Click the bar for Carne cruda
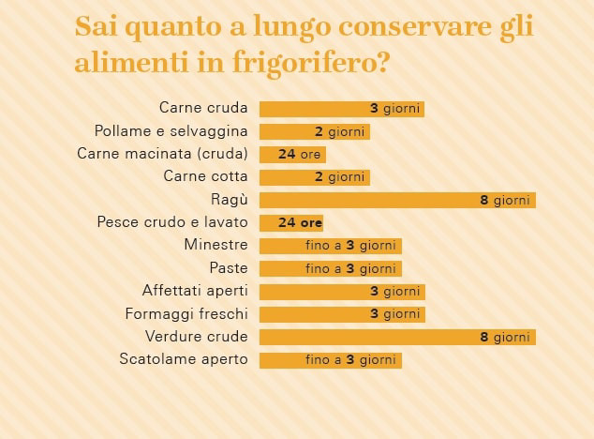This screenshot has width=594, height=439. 341,109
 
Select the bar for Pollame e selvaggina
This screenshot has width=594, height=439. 314,131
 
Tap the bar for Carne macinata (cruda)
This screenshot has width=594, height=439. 291,154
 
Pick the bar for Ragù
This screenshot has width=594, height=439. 396,200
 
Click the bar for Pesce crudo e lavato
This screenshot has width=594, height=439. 291,223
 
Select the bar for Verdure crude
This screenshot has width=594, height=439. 396,337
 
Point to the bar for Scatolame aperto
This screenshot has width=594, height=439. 330,360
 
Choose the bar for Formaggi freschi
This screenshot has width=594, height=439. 341,314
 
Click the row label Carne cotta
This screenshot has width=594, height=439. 205,176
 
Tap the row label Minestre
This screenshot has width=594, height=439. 215,245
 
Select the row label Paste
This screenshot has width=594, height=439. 229,268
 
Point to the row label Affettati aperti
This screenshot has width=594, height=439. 195,291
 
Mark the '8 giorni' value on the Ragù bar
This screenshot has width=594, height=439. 505,200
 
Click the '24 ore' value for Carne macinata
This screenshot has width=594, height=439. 299,154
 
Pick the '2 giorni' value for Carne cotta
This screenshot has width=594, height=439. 339,176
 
